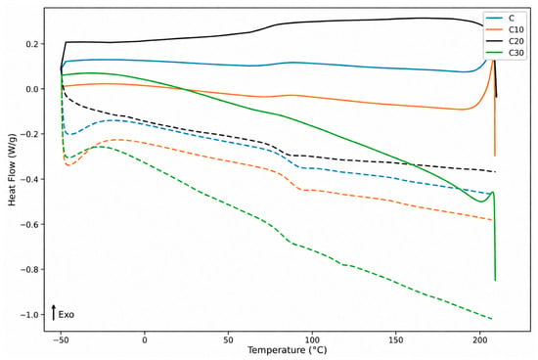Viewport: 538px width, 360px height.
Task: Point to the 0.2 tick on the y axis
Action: [x=33, y=44]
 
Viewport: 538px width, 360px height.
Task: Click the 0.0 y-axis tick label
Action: [x=33, y=89]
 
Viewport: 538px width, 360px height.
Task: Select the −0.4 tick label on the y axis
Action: [x=30, y=179]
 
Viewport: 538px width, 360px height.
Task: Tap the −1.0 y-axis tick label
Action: [x=30, y=315]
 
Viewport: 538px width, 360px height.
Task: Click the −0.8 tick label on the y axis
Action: [x=30, y=269]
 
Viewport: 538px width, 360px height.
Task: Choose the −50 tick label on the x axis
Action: [x=61, y=340]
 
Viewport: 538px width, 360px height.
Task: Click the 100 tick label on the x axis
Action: [x=312, y=340]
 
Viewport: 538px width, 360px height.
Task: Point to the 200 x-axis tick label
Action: [x=479, y=340]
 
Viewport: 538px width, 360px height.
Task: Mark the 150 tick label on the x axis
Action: [x=395, y=340]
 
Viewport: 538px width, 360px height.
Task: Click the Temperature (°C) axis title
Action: [x=288, y=350]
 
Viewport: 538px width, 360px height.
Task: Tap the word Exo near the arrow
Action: [x=67, y=315]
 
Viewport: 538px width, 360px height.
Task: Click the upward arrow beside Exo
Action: [x=54, y=312]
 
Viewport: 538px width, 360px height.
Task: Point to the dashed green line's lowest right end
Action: [x=492, y=319]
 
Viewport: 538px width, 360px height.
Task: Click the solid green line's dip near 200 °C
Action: [x=481, y=202]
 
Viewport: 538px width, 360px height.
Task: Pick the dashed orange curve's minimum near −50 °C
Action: [x=67, y=165]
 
